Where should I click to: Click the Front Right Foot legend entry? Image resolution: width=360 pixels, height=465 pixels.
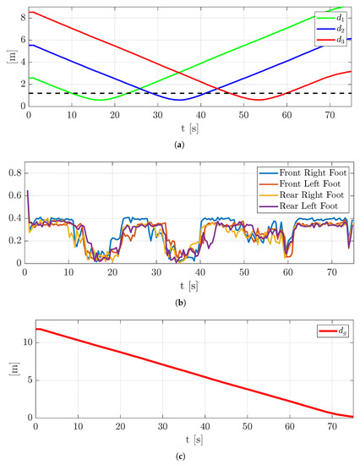click(304, 172)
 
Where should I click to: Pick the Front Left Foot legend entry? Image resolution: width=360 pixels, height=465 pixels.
click(304, 183)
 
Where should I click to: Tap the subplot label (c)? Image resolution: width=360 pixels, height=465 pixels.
click(190, 457)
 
